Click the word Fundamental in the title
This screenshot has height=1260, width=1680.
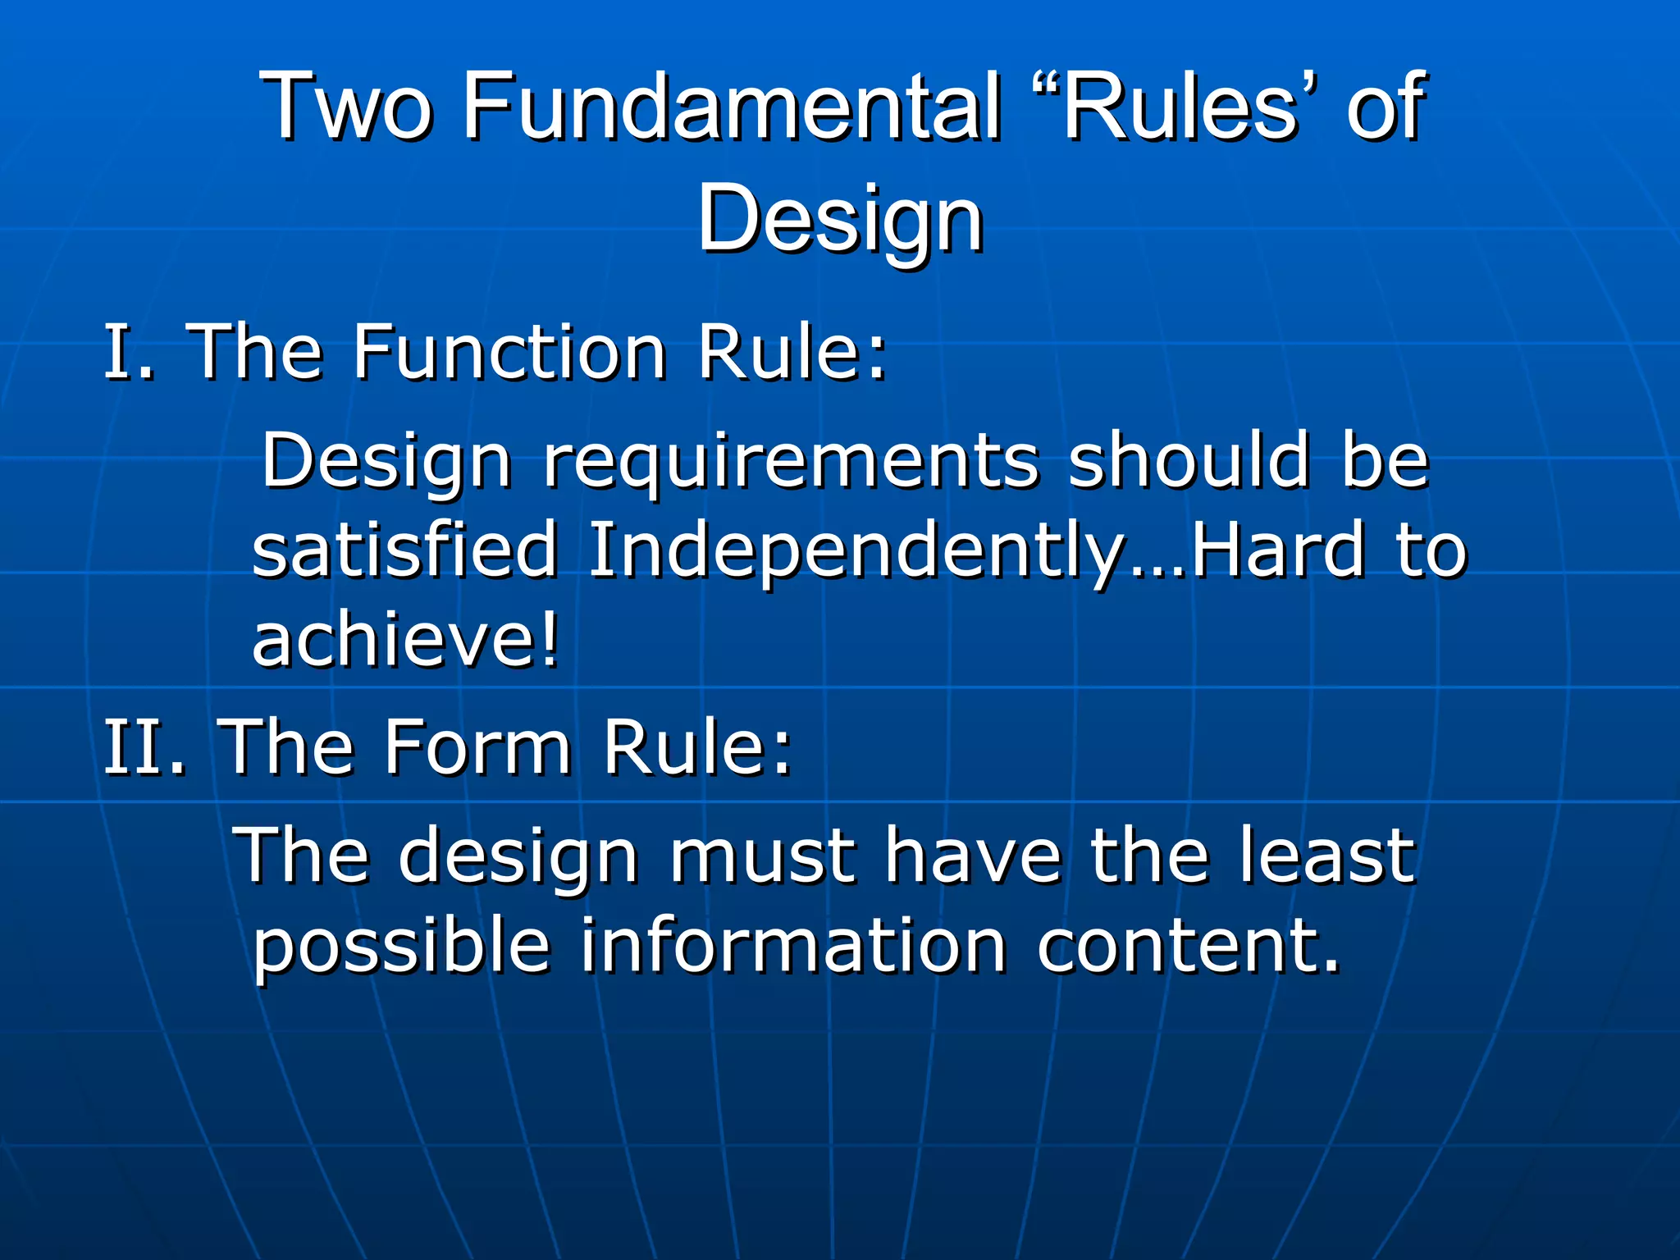(x=730, y=107)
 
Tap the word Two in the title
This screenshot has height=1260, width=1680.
(x=345, y=107)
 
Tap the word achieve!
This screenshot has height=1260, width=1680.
(x=406, y=640)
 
